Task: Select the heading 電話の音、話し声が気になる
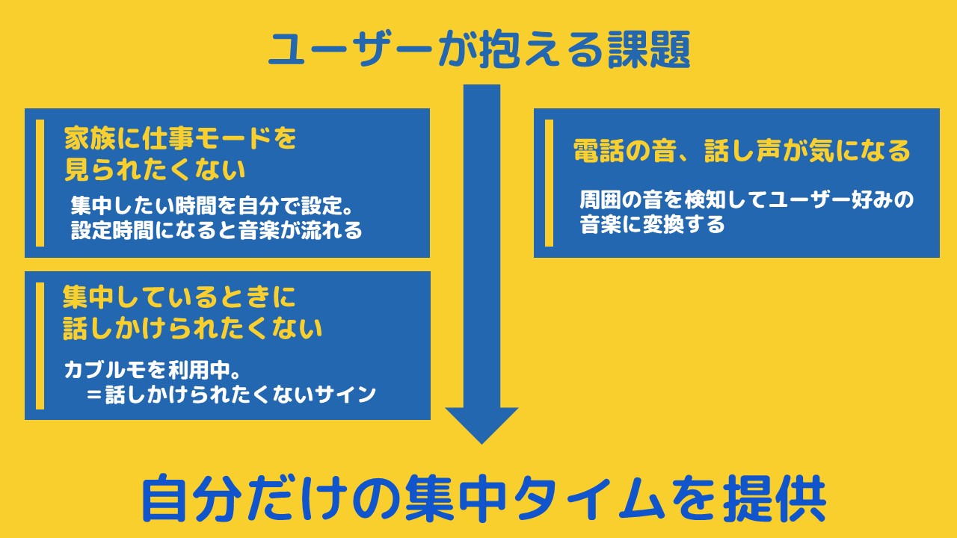[742, 151]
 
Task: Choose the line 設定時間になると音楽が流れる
[217, 230]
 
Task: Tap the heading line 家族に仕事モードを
[179, 139]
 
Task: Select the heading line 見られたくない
[155, 170]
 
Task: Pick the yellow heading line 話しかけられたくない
[192, 329]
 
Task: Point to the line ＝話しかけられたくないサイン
[230, 395]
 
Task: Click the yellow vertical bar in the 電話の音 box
[550, 182]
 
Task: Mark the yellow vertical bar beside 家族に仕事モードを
[40, 182]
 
